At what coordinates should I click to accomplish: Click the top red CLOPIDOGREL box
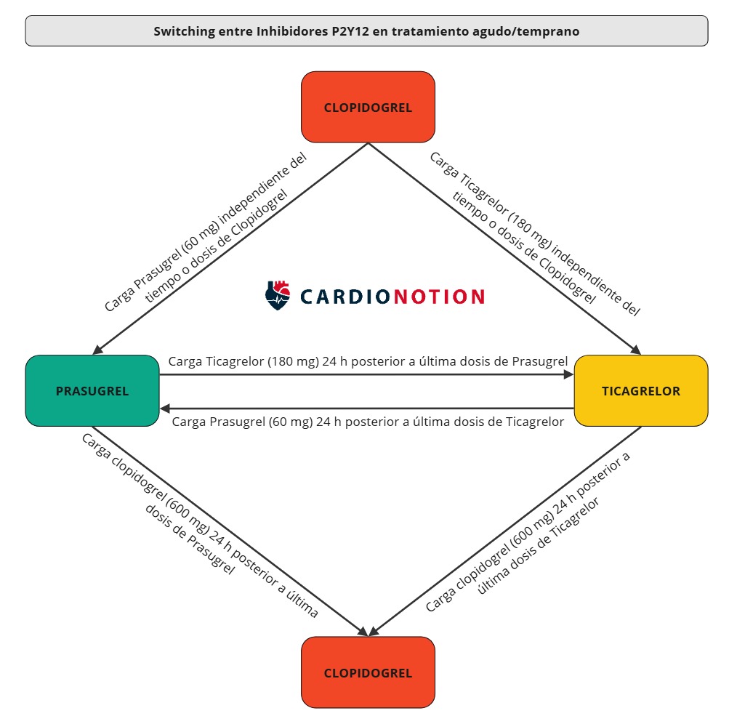(x=368, y=107)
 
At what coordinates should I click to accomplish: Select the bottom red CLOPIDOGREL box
(x=368, y=672)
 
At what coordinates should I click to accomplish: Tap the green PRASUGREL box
(x=92, y=390)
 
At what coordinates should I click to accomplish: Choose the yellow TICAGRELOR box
(x=640, y=390)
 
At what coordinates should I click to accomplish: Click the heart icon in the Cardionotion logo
(x=278, y=295)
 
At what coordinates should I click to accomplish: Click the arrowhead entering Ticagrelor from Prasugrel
(x=568, y=375)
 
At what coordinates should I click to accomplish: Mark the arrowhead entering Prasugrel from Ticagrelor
(x=165, y=409)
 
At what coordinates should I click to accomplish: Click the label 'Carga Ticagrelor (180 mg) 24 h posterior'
(x=368, y=361)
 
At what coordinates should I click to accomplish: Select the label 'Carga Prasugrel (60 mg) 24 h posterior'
(x=368, y=422)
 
